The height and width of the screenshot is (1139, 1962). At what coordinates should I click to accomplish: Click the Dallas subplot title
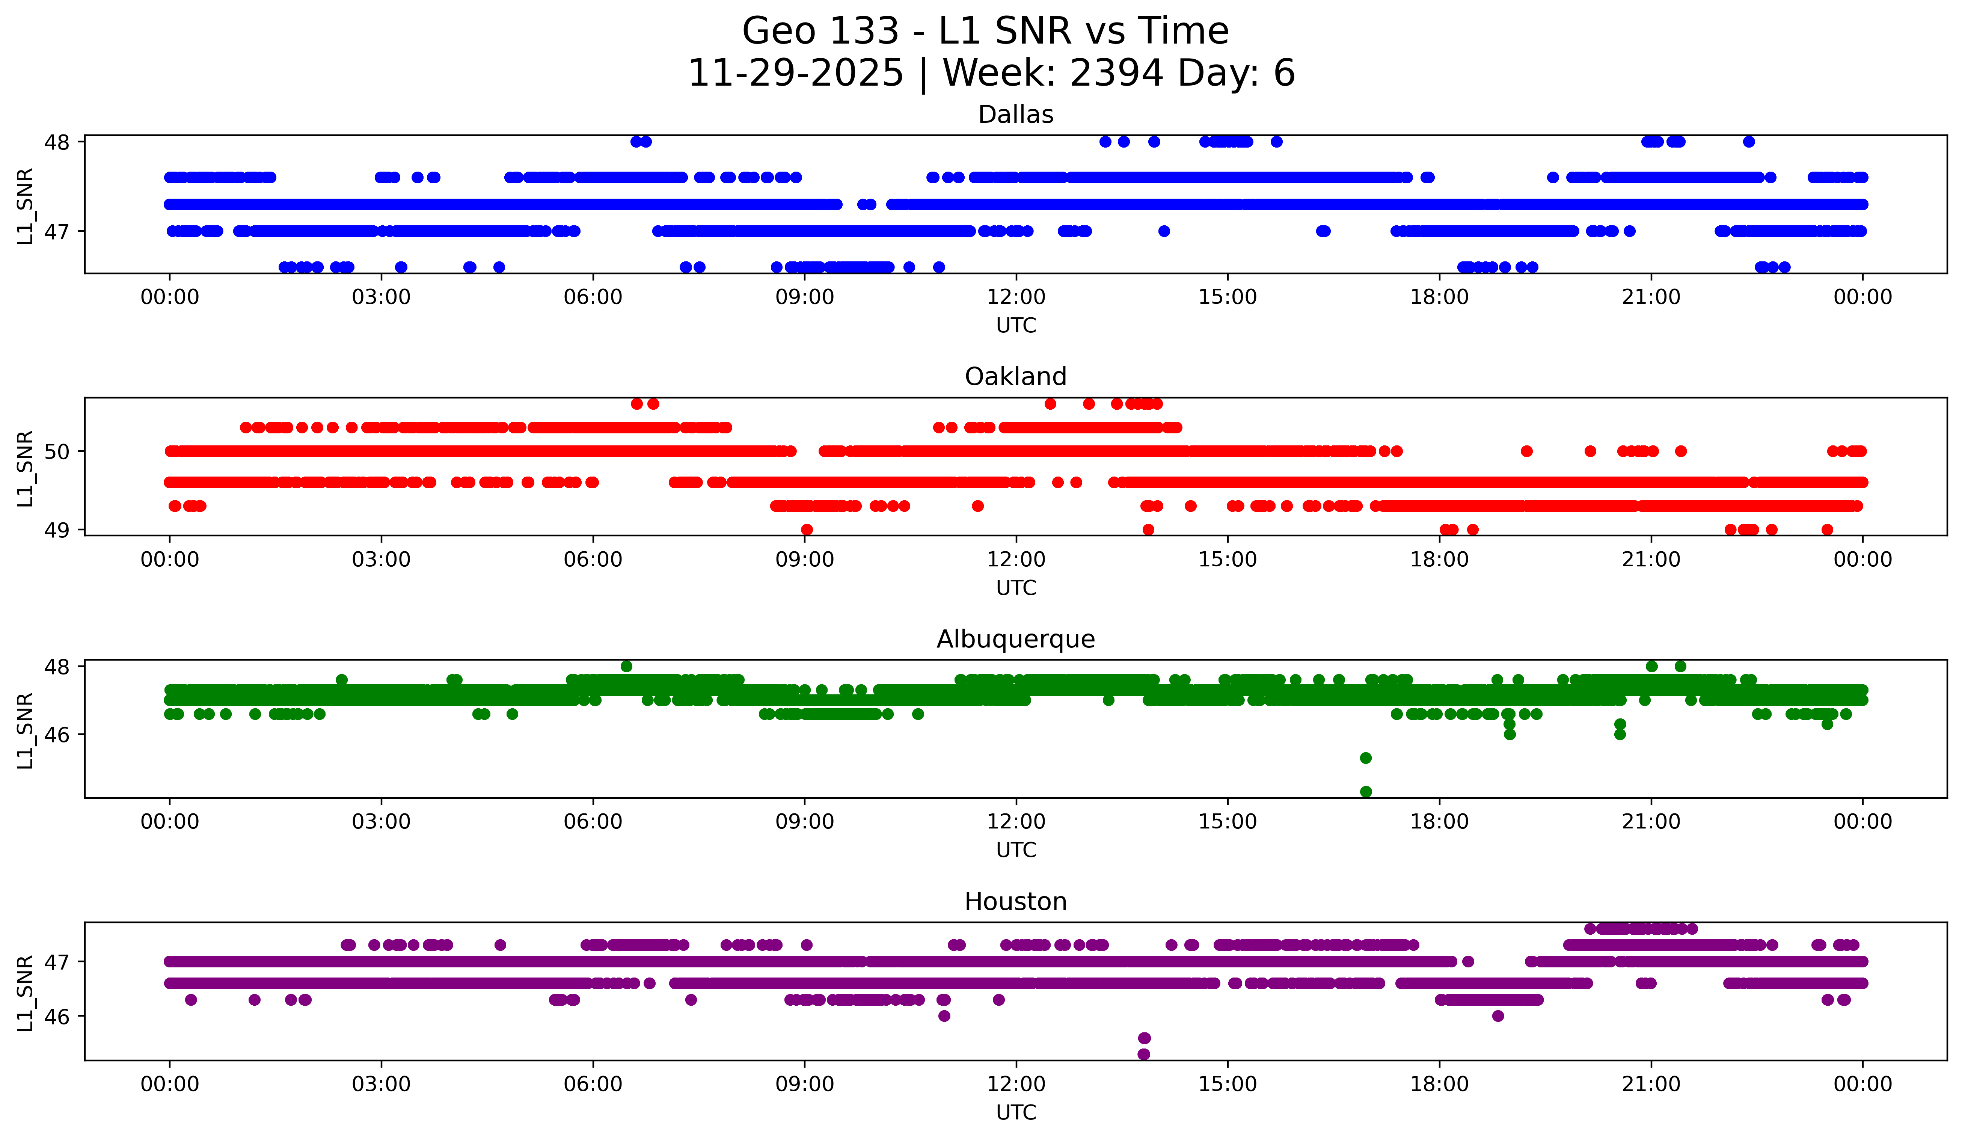tap(1015, 115)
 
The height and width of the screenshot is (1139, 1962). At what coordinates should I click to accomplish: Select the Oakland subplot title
tap(1015, 377)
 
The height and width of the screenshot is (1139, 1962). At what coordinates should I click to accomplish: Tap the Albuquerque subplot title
tap(1015, 639)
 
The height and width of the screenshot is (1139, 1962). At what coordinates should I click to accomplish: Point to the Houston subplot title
tap(1015, 902)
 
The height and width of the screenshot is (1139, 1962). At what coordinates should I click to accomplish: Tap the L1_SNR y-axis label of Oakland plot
tap(25, 469)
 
